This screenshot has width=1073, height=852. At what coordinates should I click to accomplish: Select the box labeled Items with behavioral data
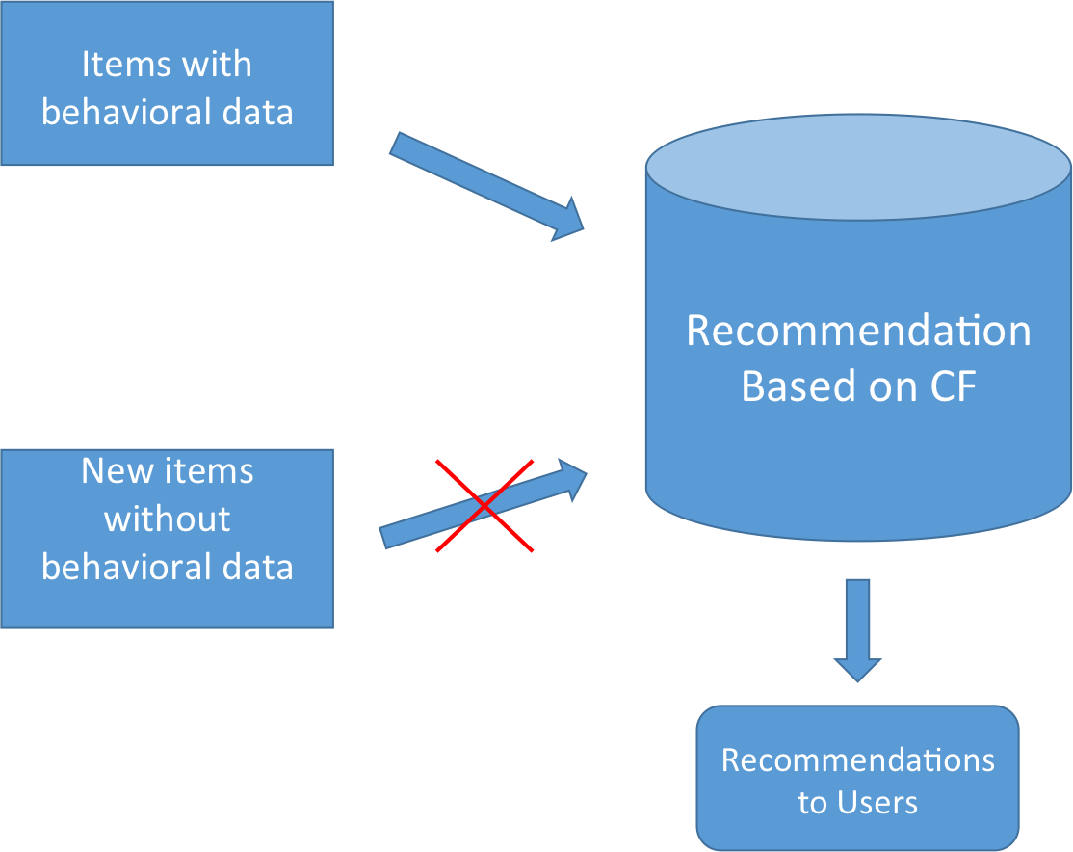pos(167,83)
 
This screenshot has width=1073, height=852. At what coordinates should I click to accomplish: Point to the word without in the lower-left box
pos(167,519)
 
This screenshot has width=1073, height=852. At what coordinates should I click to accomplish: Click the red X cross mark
pos(484,505)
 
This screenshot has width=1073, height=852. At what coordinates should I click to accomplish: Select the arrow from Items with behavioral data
pos(486,186)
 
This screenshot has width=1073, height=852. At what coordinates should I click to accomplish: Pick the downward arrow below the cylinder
pos(857,630)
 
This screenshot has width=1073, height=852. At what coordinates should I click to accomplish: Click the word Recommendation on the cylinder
pos(858,331)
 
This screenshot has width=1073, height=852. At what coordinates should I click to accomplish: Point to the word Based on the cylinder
pos(799,386)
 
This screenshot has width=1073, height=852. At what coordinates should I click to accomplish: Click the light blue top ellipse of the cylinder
pos(858,167)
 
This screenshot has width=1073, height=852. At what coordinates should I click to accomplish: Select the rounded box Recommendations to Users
pos(857,778)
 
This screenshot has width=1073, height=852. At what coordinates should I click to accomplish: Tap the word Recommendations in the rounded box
pos(858,760)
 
